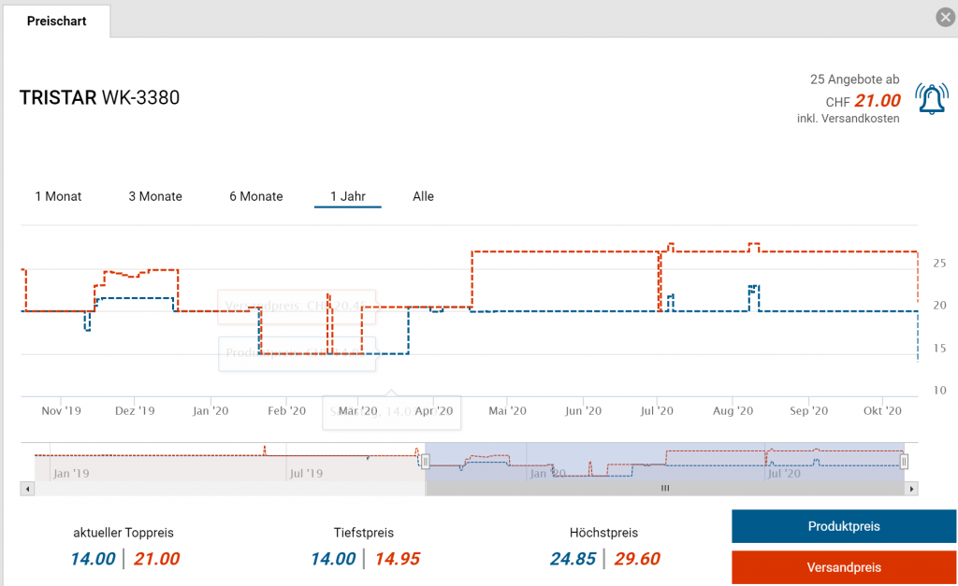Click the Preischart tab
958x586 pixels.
coord(56,21)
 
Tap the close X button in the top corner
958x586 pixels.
coord(945,17)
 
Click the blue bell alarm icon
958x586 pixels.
coord(931,99)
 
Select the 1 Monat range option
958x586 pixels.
coord(58,196)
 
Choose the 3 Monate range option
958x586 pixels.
coord(155,196)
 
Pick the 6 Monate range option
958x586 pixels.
coord(256,196)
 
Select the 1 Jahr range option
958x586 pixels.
coord(347,196)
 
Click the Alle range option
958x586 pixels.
coord(423,196)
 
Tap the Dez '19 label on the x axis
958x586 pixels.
coord(136,410)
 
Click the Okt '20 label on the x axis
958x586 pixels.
coord(882,410)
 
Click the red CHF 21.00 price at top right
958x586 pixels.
coord(877,101)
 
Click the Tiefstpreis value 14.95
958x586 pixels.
coord(397,559)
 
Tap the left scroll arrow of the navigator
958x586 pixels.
coord(28,488)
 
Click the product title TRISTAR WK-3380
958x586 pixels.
coord(99,97)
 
